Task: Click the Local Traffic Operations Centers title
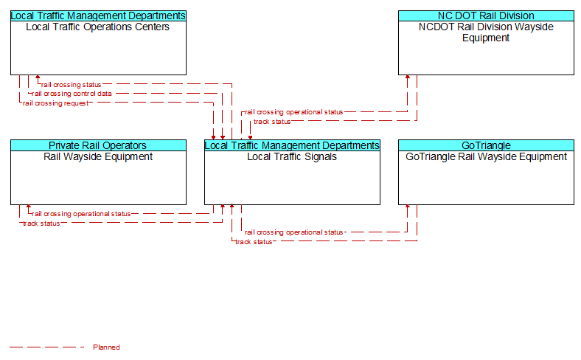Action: pyautogui.click(x=98, y=27)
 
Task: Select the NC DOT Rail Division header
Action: pyautogui.click(x=486, y=15)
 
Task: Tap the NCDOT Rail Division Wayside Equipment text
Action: pyautogui.click(x=486, y=32)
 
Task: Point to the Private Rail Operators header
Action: pyautogui.click(x=98, y=145)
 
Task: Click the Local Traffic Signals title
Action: pyautogui.click(x=292, y=157)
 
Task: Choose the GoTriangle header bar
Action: pyautogui.click(x=486, y=145)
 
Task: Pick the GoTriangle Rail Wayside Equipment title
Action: pyautogui.click(x=486, y=157)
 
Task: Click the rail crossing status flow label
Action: pyautogui.click(x=71, y=85)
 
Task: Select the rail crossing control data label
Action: pyautogui.click(x=72, y=94)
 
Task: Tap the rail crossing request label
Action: pyautogui.click(x=55, y=103)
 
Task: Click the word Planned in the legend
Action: pyautogui.click(x=106, y=347)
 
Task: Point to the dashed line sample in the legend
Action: pyautogui.click(x=47, y=347)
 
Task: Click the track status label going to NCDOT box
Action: pyautogui.click(x=272, y=122)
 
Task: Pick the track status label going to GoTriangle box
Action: pyautogui.click(x=254, y=242)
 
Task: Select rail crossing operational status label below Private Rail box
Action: pyautogui.click(x=81, y=214)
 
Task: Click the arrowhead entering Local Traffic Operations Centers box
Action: pyautogui.click(x=38, y=77)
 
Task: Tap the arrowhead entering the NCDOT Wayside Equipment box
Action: pyautogui.click(x=408, y=77)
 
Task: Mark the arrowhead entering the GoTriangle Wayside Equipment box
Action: pyautogui.click(x=408, y=207)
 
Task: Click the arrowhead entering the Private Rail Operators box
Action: pyautogui.click(x=29, y=207)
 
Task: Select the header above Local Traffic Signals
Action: pyautogui.click(x=292, y=145)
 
